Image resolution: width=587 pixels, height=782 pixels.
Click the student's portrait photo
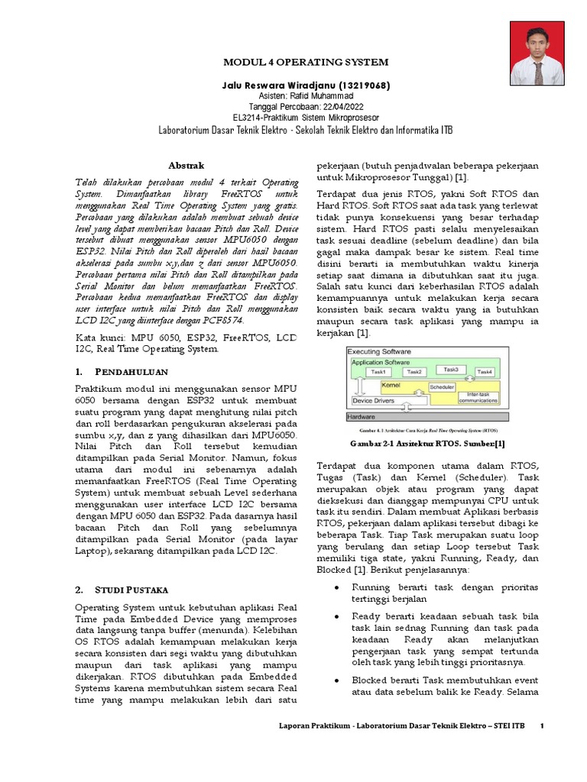(x=537, y=53)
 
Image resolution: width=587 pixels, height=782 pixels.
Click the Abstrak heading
(x=186, y=165)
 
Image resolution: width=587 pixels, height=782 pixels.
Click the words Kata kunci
(x=99, y=336)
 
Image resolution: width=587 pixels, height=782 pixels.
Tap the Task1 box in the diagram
(x=378, y=371)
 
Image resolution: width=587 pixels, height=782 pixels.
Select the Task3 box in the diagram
(x=451, y=370)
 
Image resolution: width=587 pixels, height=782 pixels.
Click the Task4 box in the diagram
(x=485, y=372)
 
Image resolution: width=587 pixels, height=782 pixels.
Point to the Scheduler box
(x=441, y=386)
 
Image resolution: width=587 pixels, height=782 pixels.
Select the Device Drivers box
(x=373, y=399)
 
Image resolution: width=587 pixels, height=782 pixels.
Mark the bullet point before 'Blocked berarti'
(x=338, y=679)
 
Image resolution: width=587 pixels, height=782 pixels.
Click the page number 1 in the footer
(x=541, y=725)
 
